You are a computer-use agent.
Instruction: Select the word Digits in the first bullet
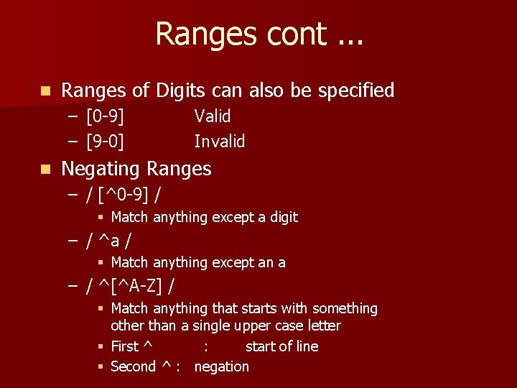click(x=180, y=91)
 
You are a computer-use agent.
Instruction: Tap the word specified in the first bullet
click(x=356, y=91)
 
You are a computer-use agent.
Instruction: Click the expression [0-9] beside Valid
click(x=105, y=116)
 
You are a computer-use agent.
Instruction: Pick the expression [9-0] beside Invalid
click(x=105, y=142)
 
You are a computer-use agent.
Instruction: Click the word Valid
click(x=213, y=116)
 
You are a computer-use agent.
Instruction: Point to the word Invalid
click(x=220, y=142)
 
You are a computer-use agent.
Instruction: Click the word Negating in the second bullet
click(x=101, y=169)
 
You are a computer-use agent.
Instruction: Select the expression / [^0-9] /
click(x=123, y=194)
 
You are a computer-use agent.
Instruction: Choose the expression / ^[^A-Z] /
click(x=130, y=286)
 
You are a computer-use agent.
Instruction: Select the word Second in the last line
click(x=133, y=366)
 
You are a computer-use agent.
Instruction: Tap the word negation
click(x=222, y=366)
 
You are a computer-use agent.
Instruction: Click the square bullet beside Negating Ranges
click(x=46, y=170)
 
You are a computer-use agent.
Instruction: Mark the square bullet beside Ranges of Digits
click(x=46, y=91)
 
